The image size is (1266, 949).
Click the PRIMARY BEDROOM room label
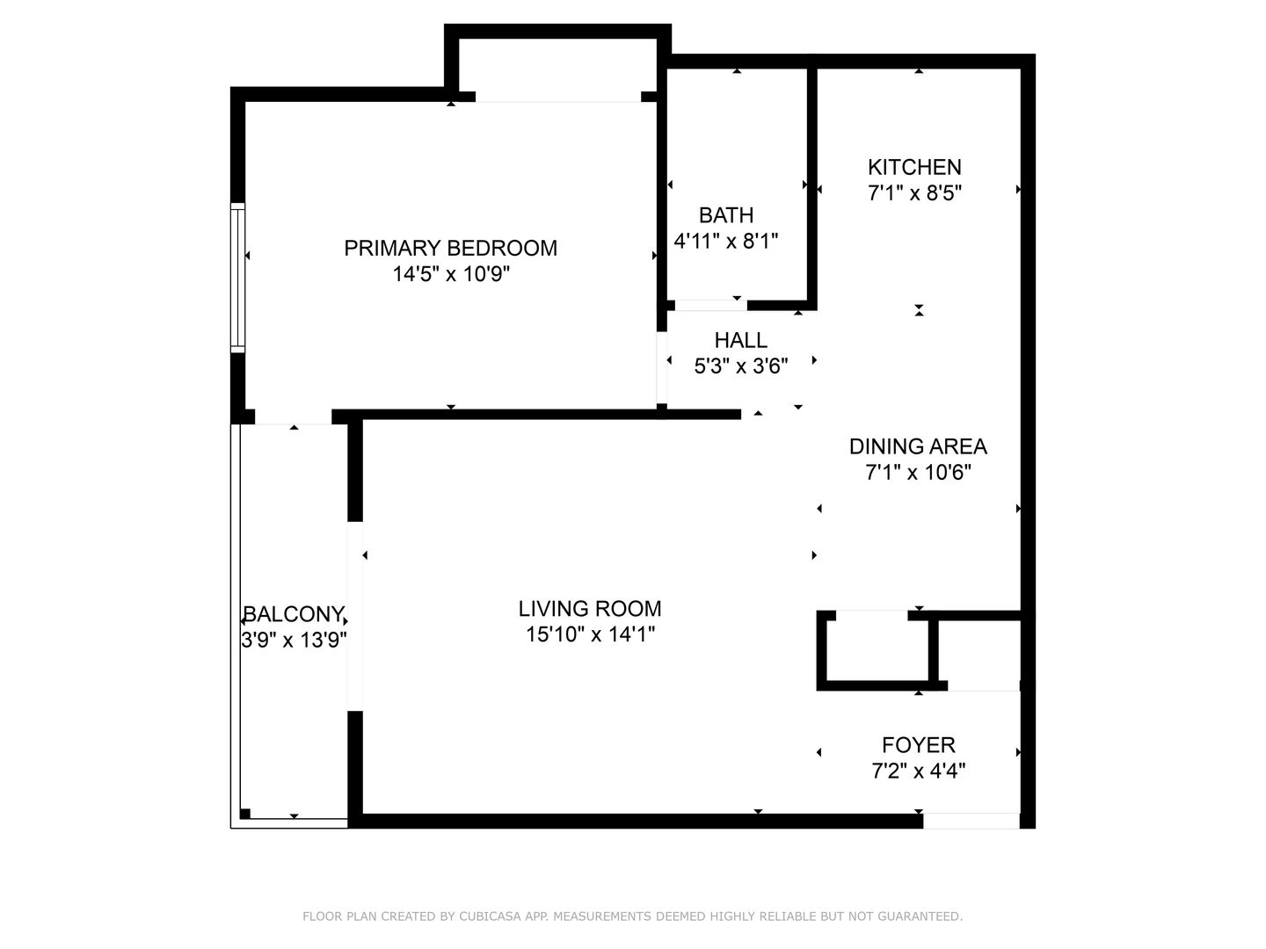(x=450, y=249)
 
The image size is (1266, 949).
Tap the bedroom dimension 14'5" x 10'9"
(x=451, y=273)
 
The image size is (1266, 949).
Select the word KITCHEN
(x=914, y=167)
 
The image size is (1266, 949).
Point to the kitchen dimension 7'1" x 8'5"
(x=914, y=192)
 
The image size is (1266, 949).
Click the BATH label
(x=726, y=215)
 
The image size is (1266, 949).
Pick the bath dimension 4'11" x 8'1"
(x=726, y=240)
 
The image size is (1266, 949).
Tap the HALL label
(x=740, y=341)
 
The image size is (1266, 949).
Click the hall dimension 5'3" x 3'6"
(x=740, y=366)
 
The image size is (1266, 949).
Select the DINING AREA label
(x=918, y=446)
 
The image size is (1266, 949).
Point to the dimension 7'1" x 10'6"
(x=918, y=473)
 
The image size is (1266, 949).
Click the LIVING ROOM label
(x=590, y=608)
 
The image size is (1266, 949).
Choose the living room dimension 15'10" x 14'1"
(x=590, y=634)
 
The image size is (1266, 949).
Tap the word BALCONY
(x=294, y=614)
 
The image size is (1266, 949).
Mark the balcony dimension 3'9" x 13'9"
(x=294, y=640)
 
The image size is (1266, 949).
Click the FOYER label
(x=918, y=745)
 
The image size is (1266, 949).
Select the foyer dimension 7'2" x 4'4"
(x=918, y=771)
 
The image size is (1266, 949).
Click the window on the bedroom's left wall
(x=237, y=277)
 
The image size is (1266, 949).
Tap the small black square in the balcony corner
(x=245, y=814)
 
